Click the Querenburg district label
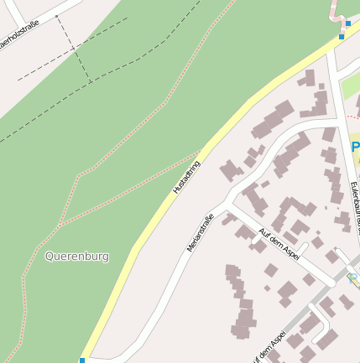pos(77,257)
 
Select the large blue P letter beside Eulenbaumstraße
pos(355,147)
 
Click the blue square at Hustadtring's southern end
pos(82,360)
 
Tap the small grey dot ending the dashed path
pos(56,16)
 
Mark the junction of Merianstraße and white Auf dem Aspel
pos(227,204)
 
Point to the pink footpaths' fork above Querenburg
pos(60,224)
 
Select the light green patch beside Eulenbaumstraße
pos(351,85)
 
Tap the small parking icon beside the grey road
pos(352,277)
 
